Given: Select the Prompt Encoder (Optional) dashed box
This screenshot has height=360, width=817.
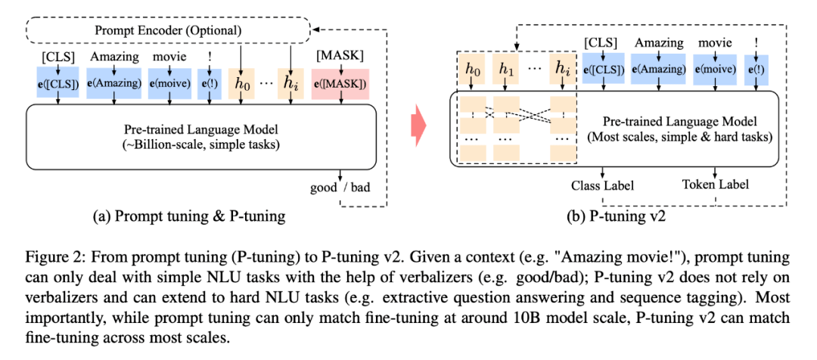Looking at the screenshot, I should click(x=168, y=31).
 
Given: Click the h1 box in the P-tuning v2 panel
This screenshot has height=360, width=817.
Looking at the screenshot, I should click(x=506, y=70).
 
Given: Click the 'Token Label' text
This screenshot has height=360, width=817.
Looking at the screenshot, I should click(x=714, y=185).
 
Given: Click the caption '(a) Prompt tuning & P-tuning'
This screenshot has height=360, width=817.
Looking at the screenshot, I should click(x=188, y=216).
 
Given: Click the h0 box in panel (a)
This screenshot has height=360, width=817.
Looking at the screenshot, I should click(x=240, y=84).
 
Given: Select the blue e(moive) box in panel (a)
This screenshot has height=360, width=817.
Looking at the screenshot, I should click(x=170, y=84).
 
